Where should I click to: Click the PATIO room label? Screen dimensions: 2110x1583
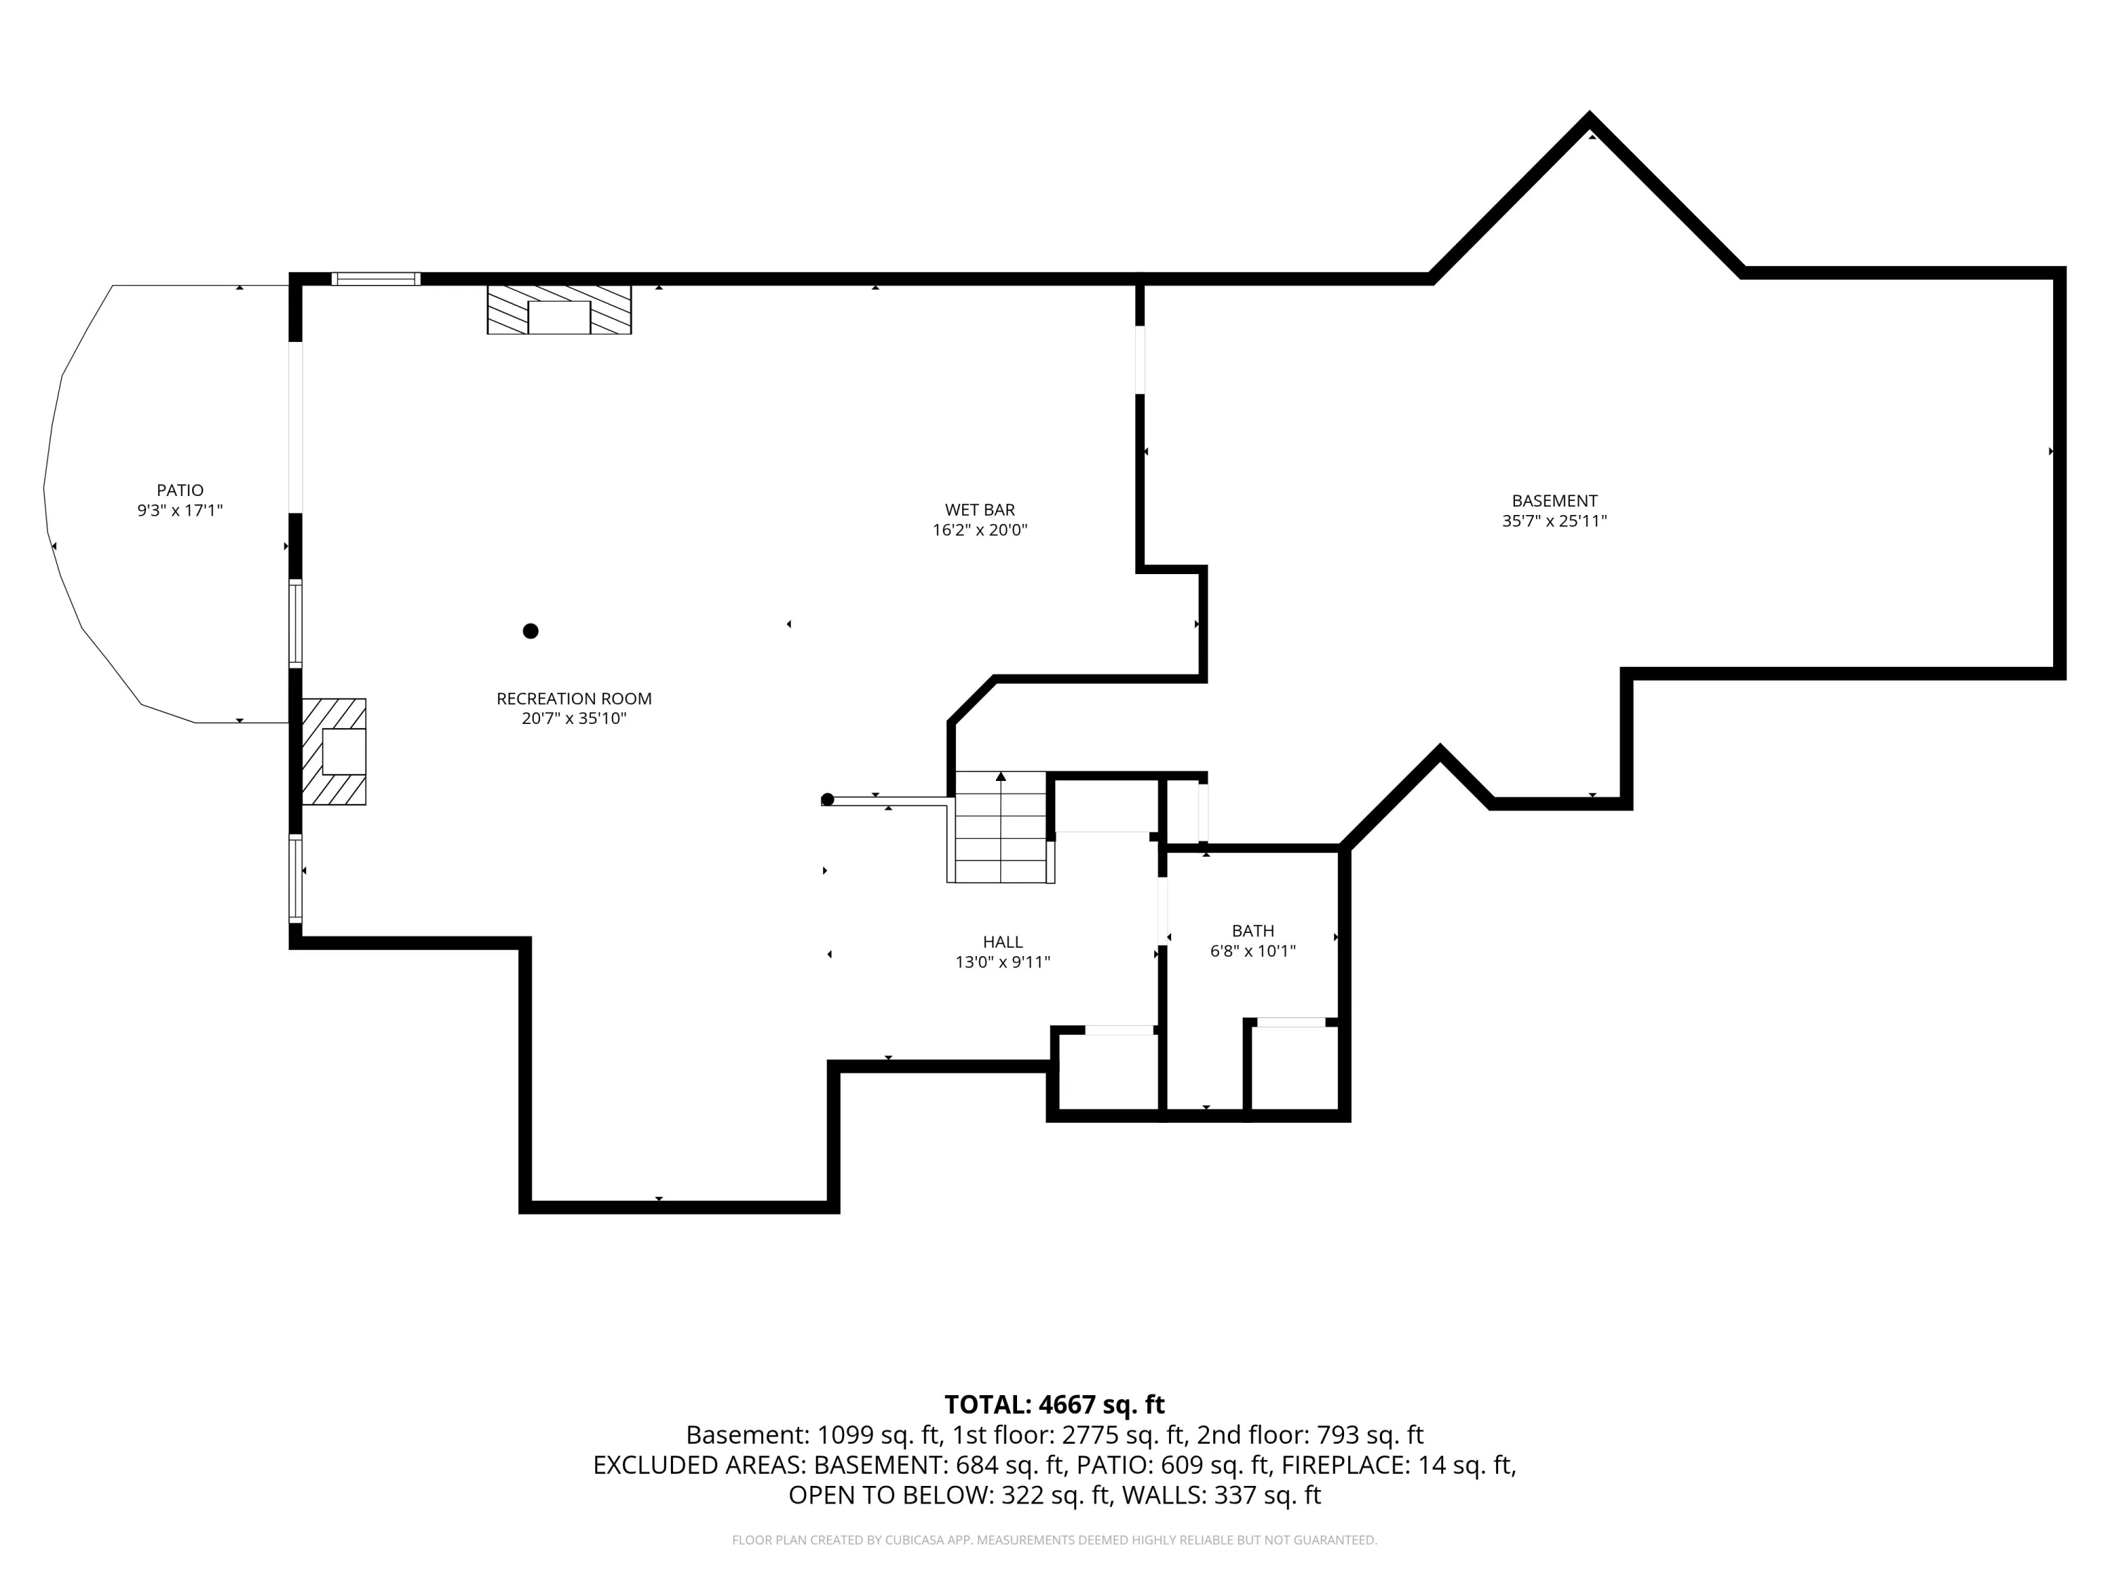[x=180, y=490]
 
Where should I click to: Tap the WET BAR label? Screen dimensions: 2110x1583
[x=980, y=509]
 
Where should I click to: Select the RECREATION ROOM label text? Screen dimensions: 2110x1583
[x=574, y=699]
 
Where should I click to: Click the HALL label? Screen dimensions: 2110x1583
[x=1002, y=942]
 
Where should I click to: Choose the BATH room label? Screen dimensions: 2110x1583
[x=1253, y=930]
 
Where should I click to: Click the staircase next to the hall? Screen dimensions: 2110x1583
[x=1001, y=827]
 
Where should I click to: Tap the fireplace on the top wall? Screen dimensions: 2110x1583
[x=559, y=309]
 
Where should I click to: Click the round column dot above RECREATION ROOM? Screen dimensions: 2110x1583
[x=530, y=630]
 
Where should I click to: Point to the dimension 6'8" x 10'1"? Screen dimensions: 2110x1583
[x=1253, y=951]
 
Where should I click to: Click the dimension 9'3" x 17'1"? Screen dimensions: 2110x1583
[x=180, y=511]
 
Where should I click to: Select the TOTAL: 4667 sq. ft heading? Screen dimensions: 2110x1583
[x=1054, y=1404]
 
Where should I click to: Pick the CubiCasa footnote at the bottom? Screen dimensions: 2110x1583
[x=1054, y=1539]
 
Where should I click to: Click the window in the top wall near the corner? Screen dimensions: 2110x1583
[x=376, y=279]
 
